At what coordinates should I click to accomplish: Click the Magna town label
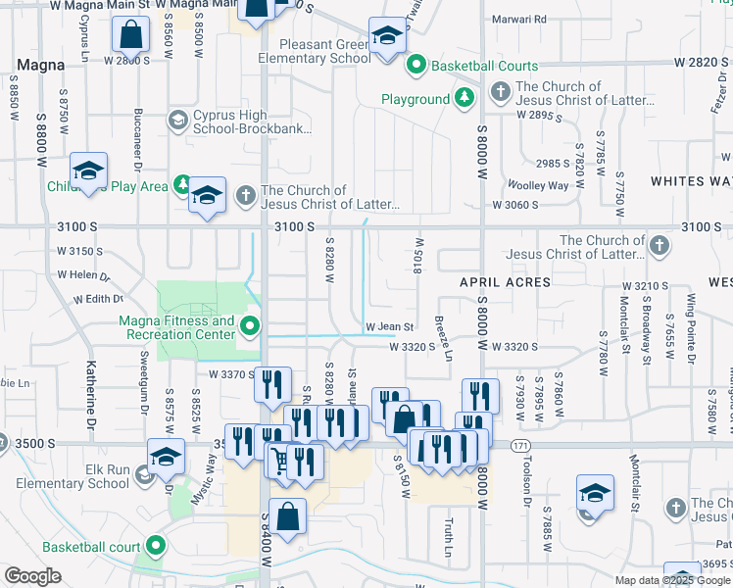40,65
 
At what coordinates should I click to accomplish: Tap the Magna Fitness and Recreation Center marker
252,326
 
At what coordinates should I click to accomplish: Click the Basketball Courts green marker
415,66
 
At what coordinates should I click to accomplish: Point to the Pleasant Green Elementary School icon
387,38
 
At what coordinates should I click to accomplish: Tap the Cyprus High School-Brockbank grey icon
177,121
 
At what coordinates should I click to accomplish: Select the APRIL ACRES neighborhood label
506,282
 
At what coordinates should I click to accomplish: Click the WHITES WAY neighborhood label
691,181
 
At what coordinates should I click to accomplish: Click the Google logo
32,576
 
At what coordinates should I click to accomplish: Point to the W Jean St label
391,327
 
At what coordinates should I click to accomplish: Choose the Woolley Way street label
537,186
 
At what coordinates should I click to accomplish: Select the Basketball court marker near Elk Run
155,545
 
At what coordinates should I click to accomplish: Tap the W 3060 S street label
516,205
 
